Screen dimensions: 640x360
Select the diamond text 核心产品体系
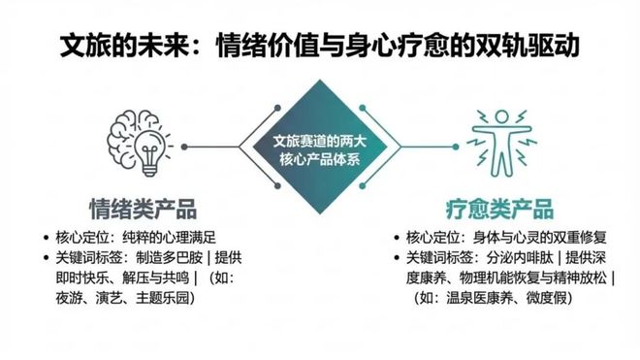(319, 160)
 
